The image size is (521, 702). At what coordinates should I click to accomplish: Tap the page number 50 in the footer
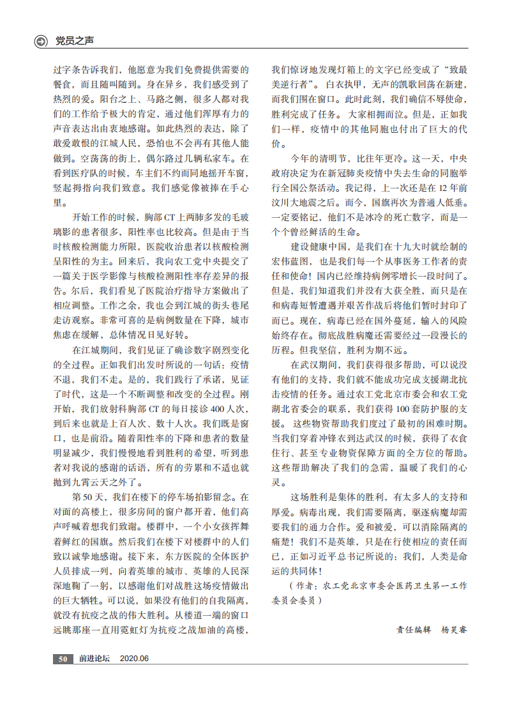point(63,659)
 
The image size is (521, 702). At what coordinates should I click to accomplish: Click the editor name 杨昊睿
point(455,629)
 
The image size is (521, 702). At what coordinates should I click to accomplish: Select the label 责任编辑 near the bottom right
point(414,629)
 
